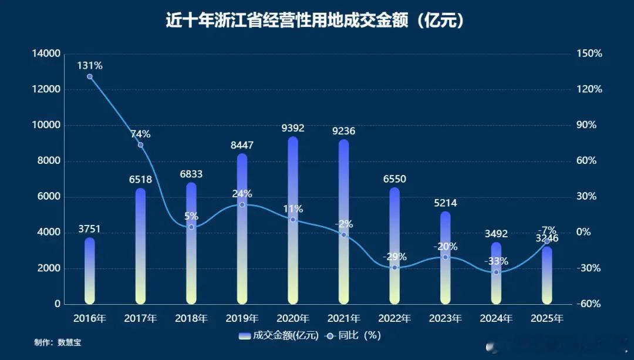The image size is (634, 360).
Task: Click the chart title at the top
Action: pos(316,21)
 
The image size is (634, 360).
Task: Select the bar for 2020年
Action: pos(293,221)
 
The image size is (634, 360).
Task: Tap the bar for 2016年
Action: pos(90,271)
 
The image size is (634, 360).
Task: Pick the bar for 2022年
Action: pos(394,246)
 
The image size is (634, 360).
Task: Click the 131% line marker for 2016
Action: pos(90,77)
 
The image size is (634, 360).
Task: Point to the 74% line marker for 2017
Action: pos(140,145)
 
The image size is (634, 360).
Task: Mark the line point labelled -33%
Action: pos(496,272)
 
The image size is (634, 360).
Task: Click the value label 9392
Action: pos(293,128)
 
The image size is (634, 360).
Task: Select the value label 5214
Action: pos(445,203)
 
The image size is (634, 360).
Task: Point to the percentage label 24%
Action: pos(242,194)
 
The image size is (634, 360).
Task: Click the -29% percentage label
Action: pos(394,257)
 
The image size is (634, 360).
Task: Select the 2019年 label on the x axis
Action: pos(242,319)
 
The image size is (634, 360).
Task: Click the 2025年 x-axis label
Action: pos(547,319)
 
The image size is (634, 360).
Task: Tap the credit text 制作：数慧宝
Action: pos(58,342)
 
